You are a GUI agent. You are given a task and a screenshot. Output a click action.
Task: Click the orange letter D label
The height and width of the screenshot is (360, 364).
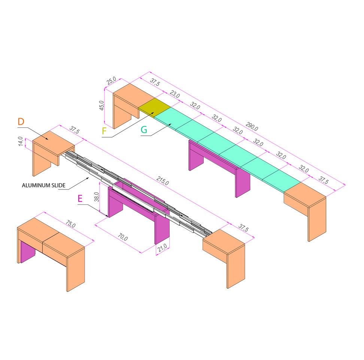click(21, 121)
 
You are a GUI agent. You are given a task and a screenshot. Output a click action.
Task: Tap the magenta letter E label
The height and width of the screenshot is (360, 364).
click(80, 198)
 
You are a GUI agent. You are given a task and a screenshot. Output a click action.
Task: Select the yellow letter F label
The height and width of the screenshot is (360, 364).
click(104, 131)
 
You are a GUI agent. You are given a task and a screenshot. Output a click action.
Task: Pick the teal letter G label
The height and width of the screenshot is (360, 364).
click(144, 129)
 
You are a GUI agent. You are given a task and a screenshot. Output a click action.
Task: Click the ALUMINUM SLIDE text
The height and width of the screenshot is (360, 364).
click(44, 186)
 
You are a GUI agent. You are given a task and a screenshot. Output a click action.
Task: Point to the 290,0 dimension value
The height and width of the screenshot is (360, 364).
click(252, 126)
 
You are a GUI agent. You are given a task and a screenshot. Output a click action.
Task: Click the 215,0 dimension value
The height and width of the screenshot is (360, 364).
click(163, 181)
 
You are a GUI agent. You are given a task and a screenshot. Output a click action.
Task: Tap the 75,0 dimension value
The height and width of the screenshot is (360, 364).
click(70, 224)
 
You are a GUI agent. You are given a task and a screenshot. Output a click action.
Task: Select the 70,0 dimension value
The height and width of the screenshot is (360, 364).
click(122, 237)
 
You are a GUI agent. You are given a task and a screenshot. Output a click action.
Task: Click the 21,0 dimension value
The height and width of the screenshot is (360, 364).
click(162, 248)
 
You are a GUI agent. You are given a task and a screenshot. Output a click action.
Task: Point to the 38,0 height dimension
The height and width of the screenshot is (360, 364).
click(97, 197)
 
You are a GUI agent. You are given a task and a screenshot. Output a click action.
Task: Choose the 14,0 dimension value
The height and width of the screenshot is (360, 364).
click(21, 141)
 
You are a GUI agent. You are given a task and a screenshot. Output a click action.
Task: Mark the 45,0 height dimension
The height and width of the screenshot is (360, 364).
click(101, 105)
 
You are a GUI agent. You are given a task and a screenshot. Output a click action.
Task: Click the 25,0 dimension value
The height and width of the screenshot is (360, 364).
click(111, 81)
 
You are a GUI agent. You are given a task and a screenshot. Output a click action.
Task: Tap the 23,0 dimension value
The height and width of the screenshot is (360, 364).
click(175, 94)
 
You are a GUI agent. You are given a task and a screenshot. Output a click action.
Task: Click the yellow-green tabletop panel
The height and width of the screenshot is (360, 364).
click(155, 107)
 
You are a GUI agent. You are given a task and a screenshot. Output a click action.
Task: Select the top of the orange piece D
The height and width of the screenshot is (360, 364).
click(54, 143)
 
